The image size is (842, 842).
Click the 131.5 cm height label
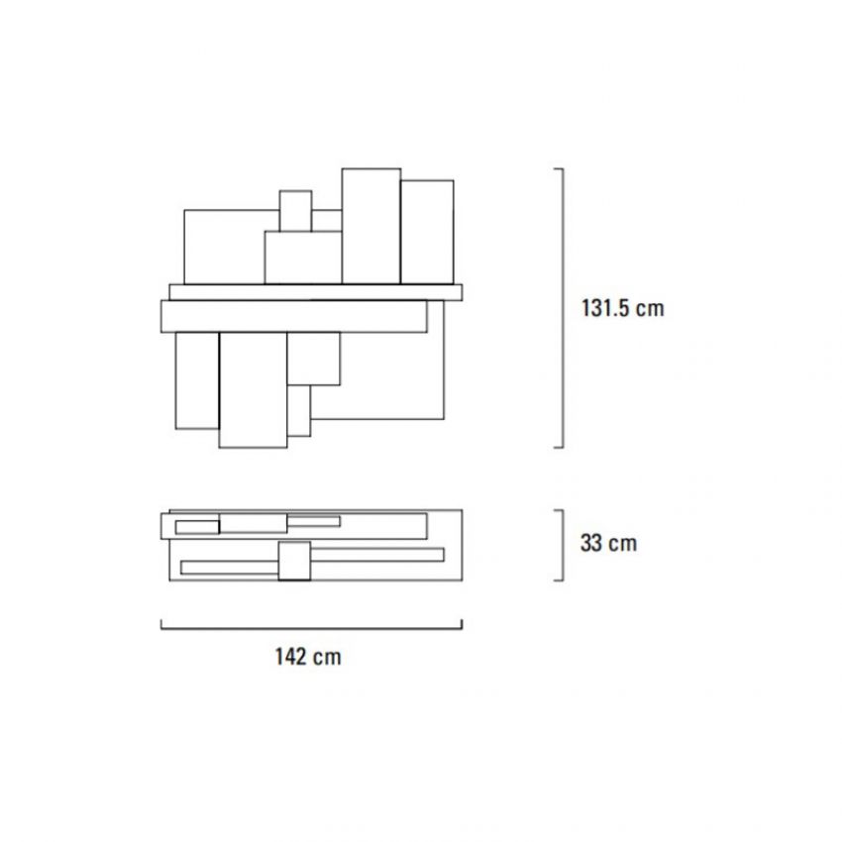[623, 308]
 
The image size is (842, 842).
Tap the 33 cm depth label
[608, 543]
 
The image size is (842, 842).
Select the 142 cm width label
[308, 656]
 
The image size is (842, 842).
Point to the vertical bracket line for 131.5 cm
[563, 308]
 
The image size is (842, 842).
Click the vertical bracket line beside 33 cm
[563, 545]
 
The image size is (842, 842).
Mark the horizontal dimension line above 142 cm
[311, 628]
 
